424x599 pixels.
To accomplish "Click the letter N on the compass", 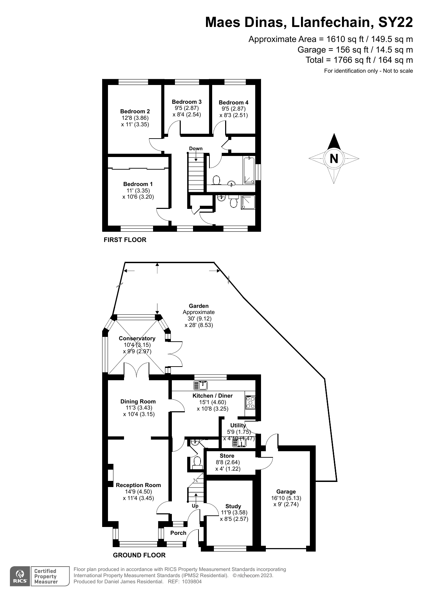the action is (x=334, y=159).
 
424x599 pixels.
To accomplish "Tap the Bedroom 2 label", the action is (x=135, y=111).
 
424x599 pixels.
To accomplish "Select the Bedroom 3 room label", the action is (x=187, y=102).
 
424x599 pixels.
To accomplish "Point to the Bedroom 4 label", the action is (x=234, y=102).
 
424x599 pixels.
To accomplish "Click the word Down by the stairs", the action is (x=196, y=148).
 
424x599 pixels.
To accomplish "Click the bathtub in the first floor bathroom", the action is (x=249, y=170).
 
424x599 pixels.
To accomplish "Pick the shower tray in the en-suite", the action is (x=248, y=202).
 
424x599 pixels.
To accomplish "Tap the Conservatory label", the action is (x=137, y=338).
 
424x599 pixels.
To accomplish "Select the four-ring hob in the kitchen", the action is (x=250, y=402).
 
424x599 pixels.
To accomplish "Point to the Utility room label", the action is (x=238, y=425).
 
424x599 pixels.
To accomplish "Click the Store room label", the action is (x=227, y=456).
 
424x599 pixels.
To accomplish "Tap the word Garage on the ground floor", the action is (x=286, y=491).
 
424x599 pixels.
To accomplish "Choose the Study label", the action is (x=233, y=506).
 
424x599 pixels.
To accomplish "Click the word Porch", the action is (x=178, y=533).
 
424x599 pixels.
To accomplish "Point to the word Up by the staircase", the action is (x=195, y=506).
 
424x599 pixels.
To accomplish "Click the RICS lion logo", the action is (x=20, y=576).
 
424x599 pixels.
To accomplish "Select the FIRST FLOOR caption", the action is (x=125, y=240).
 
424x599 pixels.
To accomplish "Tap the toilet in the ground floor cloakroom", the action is (x=197, y=462).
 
